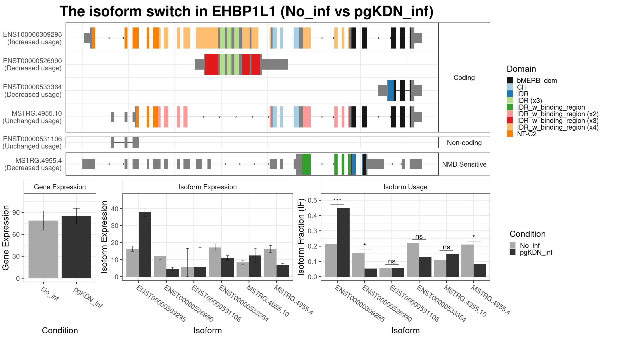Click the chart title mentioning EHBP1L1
pyautogui.click(x=247, y=11)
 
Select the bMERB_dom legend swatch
pyautogui.click(x=510, y=81)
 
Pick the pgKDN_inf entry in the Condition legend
pyautogui.click(x=531, y=252)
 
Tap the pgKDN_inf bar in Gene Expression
pyautogui.click(x=76, y=247)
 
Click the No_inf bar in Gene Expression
pyautogui.click(x=43, y=249)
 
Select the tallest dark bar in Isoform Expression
pyautogui.click(x=145, y=245)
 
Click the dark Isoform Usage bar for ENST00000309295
pyautogui.click(x=343, y=242)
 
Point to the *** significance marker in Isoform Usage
pyautogui.click(x=337, y=200)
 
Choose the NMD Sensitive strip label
pyautogui.click(x=464, y=164)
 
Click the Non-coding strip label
pyautogui.click(x=464, y=143)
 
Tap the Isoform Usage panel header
pyautogui.click(x=405, y=187)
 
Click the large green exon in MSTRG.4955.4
pyautogui.click(x=306, y=164)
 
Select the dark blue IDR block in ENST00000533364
pyautogui.click(x=391, y=90)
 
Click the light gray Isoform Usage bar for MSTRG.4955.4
pyautogui.click(x=467, y=261)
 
